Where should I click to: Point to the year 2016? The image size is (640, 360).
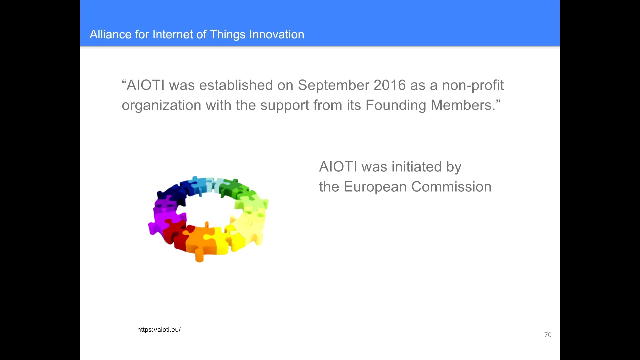(390, 85)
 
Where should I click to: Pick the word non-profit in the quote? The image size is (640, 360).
(473, 86)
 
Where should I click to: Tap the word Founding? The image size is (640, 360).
(396, 106)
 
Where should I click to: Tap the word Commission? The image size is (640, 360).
(451, 187)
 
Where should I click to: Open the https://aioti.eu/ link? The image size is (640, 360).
(159, 330)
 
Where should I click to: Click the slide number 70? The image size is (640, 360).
(548, 335)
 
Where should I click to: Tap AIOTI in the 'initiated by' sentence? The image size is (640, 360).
(338, 167)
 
